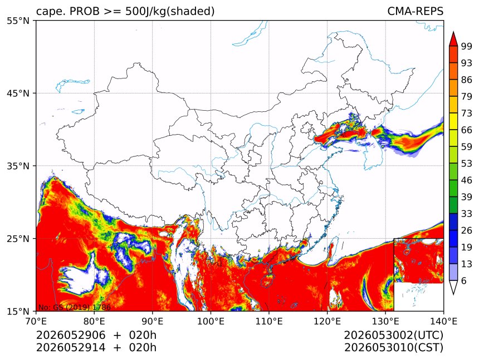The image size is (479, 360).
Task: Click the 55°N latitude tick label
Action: coord(18,21)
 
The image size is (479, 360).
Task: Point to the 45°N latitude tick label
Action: coord(18,93)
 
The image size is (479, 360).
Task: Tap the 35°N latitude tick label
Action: coord(18,166)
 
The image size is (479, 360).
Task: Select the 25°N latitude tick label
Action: coord(18,238)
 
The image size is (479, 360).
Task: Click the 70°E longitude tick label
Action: coord(36,321)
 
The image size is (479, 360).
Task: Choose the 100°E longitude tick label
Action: coord(211,321)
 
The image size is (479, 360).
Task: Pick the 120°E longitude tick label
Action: coord(327,321)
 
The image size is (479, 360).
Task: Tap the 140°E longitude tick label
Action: coord(443,321)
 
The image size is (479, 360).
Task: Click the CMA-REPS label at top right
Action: coord(415,11)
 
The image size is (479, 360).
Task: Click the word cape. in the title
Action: coord(50,12)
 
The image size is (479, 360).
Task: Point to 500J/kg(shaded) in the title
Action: coord(170,12)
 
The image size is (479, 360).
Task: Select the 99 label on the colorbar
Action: coord(467,46)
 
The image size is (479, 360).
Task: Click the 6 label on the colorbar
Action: coord(464,280)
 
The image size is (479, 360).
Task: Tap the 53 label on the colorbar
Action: coord(467,164)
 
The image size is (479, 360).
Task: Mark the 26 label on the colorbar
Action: coord(467,230)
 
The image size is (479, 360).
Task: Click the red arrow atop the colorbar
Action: coord(453,40)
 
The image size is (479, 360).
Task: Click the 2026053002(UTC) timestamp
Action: coord(393,335)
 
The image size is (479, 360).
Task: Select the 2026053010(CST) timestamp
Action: coord(393,348)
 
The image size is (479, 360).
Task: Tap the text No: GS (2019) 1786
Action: coord(75,307)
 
